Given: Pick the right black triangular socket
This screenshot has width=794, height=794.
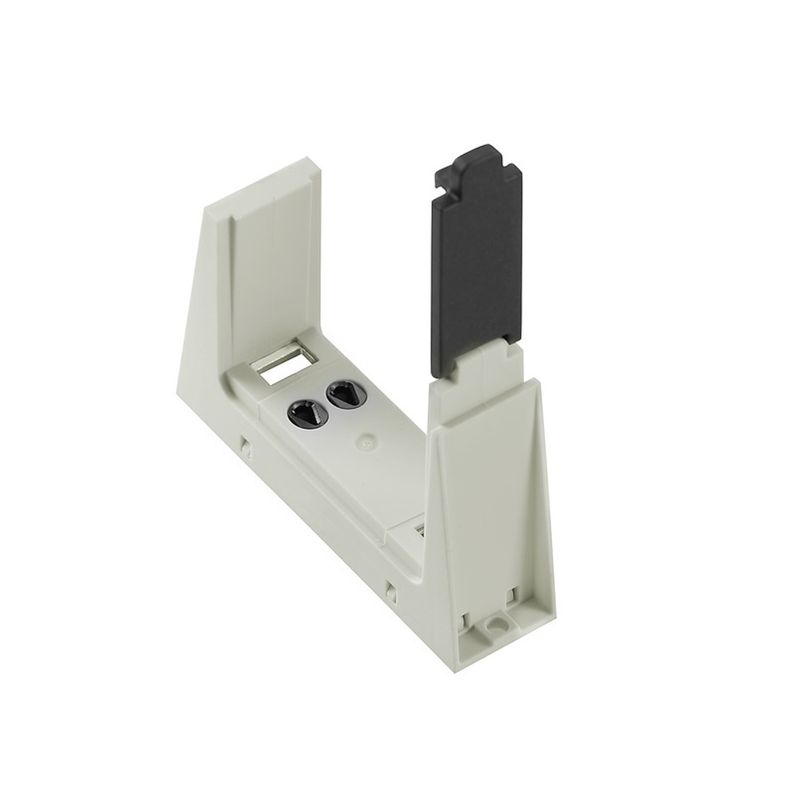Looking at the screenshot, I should [x=342, y=392].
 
